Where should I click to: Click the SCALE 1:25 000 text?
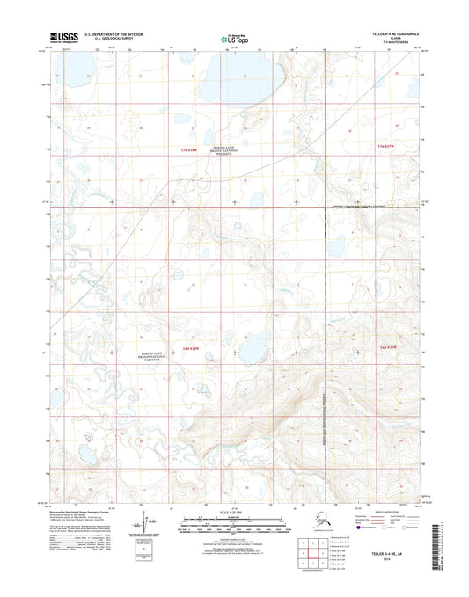tap(233, 511)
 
